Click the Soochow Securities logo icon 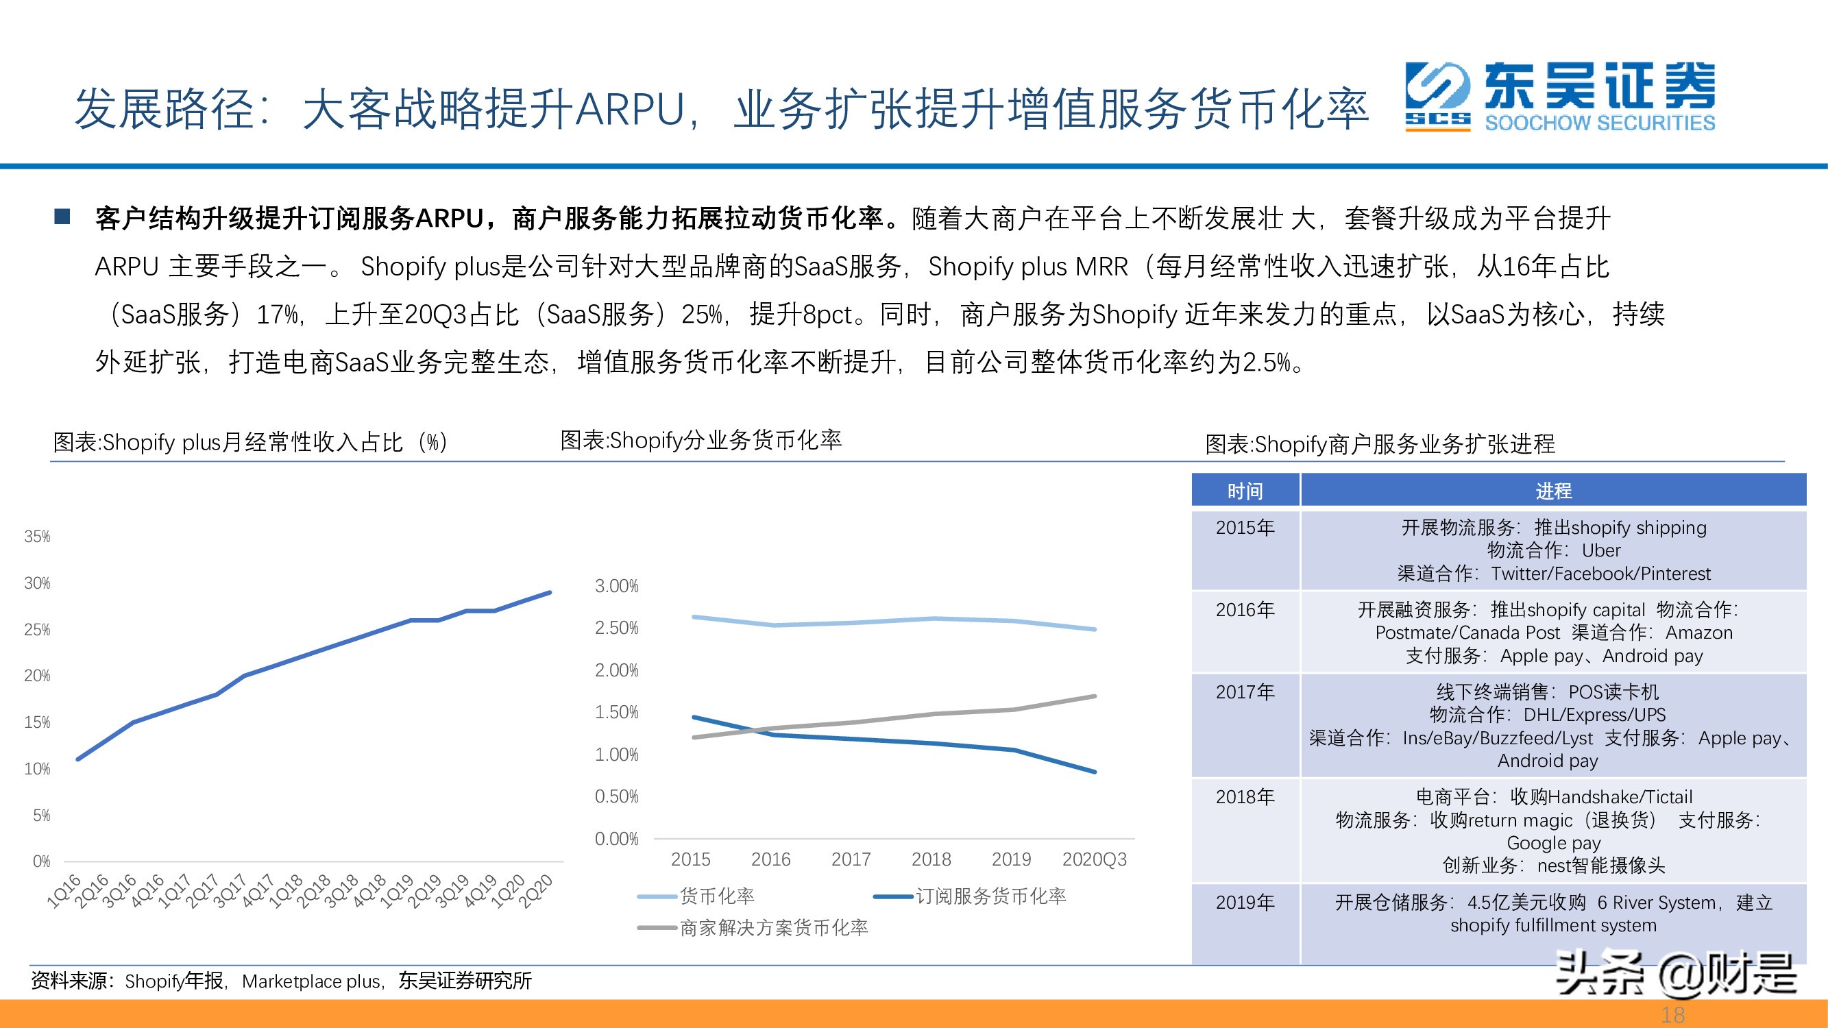pyautogui.click(x=1438, y=96)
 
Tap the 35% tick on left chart pyautogui.click(x=37, y=537)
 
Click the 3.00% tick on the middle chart pyautogui.click(x=616, y=586)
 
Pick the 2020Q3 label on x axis pyautogui.click(x=1093, y=859)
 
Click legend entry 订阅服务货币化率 pyautogui.click(x=990, y=896)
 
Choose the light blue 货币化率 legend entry pyautogui.click(x=716, y=896)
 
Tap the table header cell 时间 pyautogui.click(x=1245, y=491)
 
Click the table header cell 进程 pyautogui.click(x=1553, y=491)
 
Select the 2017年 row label pyautogui.click(x=1245, y=692)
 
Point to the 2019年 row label pyautogui.click(x=1245, y=903)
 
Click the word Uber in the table pyautogui.click(x=1601, y=550)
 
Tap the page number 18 pyautogui.click(x=1672, y=1015)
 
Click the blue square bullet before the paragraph pyautogui.click(x=62, y=217)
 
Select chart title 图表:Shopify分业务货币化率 pyautogui.click(x=700, y=441)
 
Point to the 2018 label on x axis pyautogui.click(x=931, y=859)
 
